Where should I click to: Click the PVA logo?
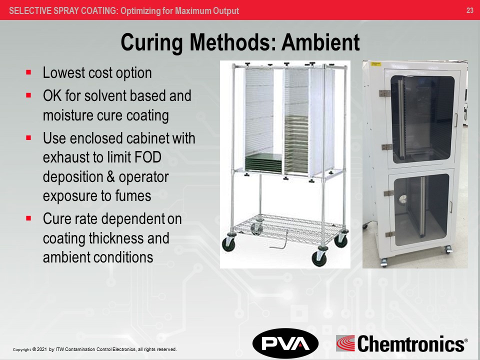[285, 343]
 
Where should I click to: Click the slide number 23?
[469, 10]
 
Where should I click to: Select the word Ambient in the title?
[320, 42]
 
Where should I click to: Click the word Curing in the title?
[151, 43]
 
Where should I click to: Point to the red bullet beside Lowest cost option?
[28, 72]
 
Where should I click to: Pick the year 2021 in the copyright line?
[41, 349]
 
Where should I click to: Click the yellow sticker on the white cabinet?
[375, 64]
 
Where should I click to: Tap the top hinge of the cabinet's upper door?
[384, 93]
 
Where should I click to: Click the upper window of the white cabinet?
[422, 119]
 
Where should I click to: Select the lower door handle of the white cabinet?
[451, 207]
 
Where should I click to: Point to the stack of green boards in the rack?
[263, 162]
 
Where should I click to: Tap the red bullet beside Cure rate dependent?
[28, 218]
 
